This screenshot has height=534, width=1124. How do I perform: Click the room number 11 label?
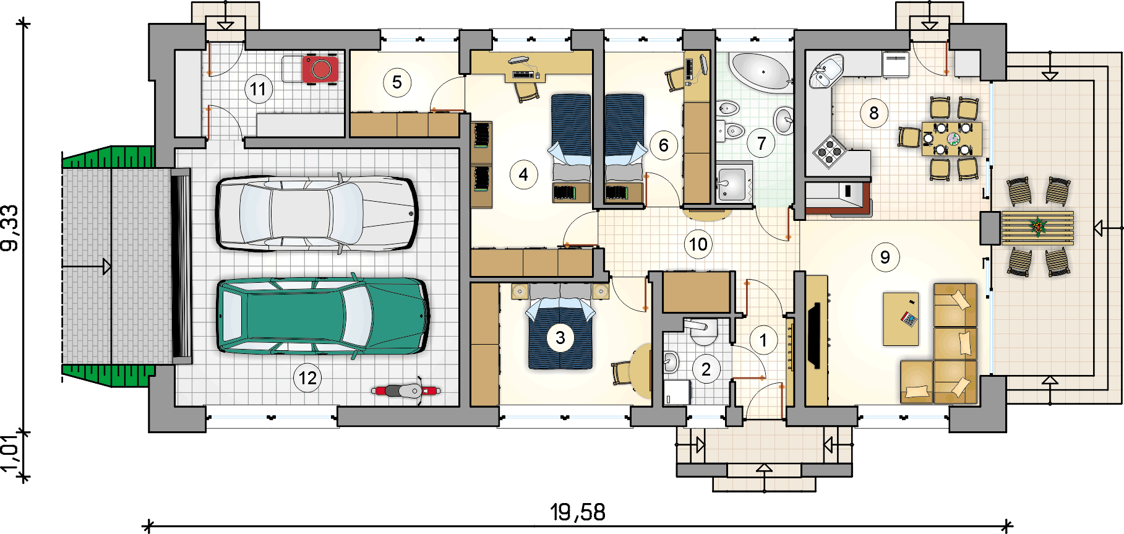[258, 89]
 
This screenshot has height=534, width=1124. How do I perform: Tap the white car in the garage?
[316, 213]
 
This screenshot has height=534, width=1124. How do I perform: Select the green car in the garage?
[322, 316]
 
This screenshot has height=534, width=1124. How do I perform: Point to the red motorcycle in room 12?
[406, 390]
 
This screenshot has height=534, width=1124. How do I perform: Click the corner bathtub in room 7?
[760, 72]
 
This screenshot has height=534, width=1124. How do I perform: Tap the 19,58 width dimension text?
[577, 512]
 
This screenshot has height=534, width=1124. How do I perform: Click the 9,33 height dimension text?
[11, 228]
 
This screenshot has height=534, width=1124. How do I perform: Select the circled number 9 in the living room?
[885, 257]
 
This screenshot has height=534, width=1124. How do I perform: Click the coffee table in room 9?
[901, 319]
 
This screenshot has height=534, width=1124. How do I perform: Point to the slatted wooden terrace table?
[1037, 228]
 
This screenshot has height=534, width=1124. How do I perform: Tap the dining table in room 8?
[951, 139]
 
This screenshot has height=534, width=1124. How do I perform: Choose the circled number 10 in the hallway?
[698, 244]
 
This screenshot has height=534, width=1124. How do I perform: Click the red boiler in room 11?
[320, 68]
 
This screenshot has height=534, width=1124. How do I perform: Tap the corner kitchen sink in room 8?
[825, 71]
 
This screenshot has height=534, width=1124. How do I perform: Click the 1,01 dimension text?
[9, 453]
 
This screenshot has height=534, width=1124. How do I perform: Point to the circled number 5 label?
[397, 82]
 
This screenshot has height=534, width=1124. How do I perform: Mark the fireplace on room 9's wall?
[816, 336]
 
